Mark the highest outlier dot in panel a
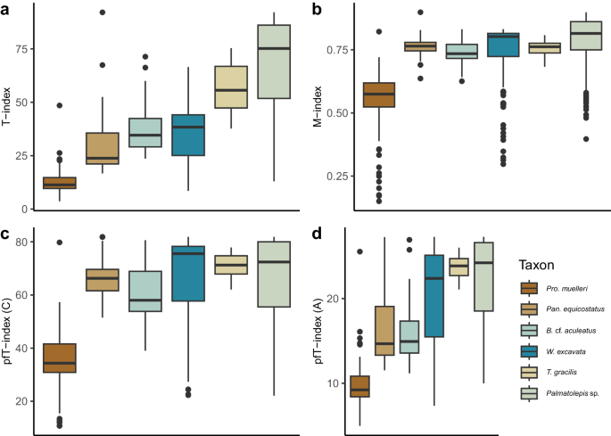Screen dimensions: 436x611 [103, 12]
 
